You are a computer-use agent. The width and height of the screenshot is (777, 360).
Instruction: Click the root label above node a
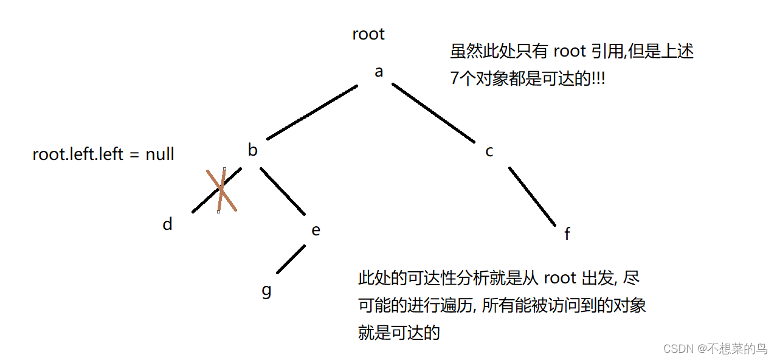pos(368,34)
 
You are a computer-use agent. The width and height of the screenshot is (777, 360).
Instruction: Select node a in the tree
pos(379,72)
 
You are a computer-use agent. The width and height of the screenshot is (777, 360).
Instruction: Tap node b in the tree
pos(252,150)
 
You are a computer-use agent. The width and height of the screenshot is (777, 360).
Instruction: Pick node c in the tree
pos(489,151)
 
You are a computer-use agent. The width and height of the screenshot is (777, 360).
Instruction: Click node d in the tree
pos(167,224)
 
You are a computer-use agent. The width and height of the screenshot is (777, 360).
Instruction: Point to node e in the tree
pos(315,230)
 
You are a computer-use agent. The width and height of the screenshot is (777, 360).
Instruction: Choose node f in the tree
pos(567,234)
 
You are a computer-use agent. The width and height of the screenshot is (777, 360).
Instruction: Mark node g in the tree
pos(266,290)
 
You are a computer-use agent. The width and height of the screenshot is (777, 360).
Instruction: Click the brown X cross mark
pos(221,190)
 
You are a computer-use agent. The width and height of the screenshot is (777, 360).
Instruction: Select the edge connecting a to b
pos(311,112)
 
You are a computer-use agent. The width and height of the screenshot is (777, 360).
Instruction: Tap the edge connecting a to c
pos(433,113)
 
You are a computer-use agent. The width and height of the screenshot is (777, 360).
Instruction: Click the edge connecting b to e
pos(283,191)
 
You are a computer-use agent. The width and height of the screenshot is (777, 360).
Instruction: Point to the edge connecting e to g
pos(291,259)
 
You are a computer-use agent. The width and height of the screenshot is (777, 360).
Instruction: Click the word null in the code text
pos(160,154)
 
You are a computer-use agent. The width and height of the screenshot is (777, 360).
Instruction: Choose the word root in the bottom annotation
pos(559,279)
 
